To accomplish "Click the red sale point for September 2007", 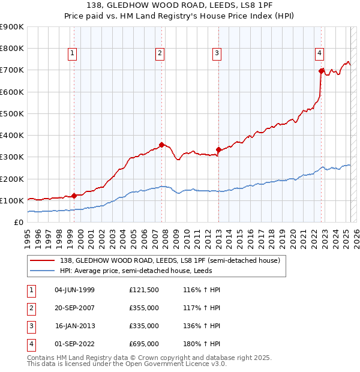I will click(162, 145).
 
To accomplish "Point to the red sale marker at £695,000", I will click(322, 71).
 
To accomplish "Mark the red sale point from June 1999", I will click(74, 196).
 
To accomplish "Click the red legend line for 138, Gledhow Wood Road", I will click(42, 261).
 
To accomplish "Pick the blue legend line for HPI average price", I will click(42, 271).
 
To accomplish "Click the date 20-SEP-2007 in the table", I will click(75, 308).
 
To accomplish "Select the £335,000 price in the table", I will click(144, 326).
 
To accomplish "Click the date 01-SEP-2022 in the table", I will click(75, 344).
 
